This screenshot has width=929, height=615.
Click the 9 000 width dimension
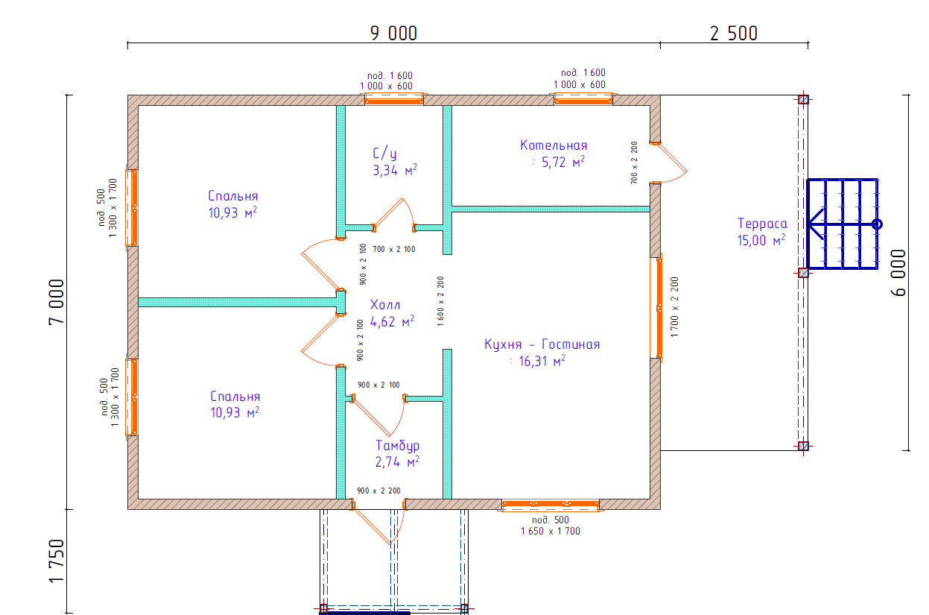(x=393, y=34)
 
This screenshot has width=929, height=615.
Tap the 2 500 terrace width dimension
(x=734, y=34)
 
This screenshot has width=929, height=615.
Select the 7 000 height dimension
(x=57, y=302)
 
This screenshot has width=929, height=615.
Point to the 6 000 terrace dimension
(x=898, y=273)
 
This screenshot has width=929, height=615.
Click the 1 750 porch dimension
(x=57, y=561)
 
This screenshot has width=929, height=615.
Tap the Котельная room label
(x=554, y=145)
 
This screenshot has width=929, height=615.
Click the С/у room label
(x=384, y=154)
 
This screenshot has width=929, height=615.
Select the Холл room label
(x=385, y=305)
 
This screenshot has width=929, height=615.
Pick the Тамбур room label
(x=397, y=446)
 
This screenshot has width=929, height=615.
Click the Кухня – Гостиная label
(x=542, y=344)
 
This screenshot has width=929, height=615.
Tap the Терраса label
(x=762, y=224)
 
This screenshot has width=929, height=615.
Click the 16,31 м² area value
(x=542, y=361)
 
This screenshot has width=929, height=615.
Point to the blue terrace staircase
(x=843, y=224)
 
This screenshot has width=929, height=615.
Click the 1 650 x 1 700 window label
(x=551, y=532)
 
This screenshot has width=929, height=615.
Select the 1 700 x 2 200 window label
(x=675, y=307)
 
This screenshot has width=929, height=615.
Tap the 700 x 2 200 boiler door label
(x=634, y=163)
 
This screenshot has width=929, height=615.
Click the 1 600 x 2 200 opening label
(x=440, y=301)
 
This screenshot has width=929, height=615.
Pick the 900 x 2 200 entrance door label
(x=378, y=491)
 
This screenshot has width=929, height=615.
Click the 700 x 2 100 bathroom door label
(x=394, y=250)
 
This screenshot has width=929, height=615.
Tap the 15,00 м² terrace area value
(x=761, y=240)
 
